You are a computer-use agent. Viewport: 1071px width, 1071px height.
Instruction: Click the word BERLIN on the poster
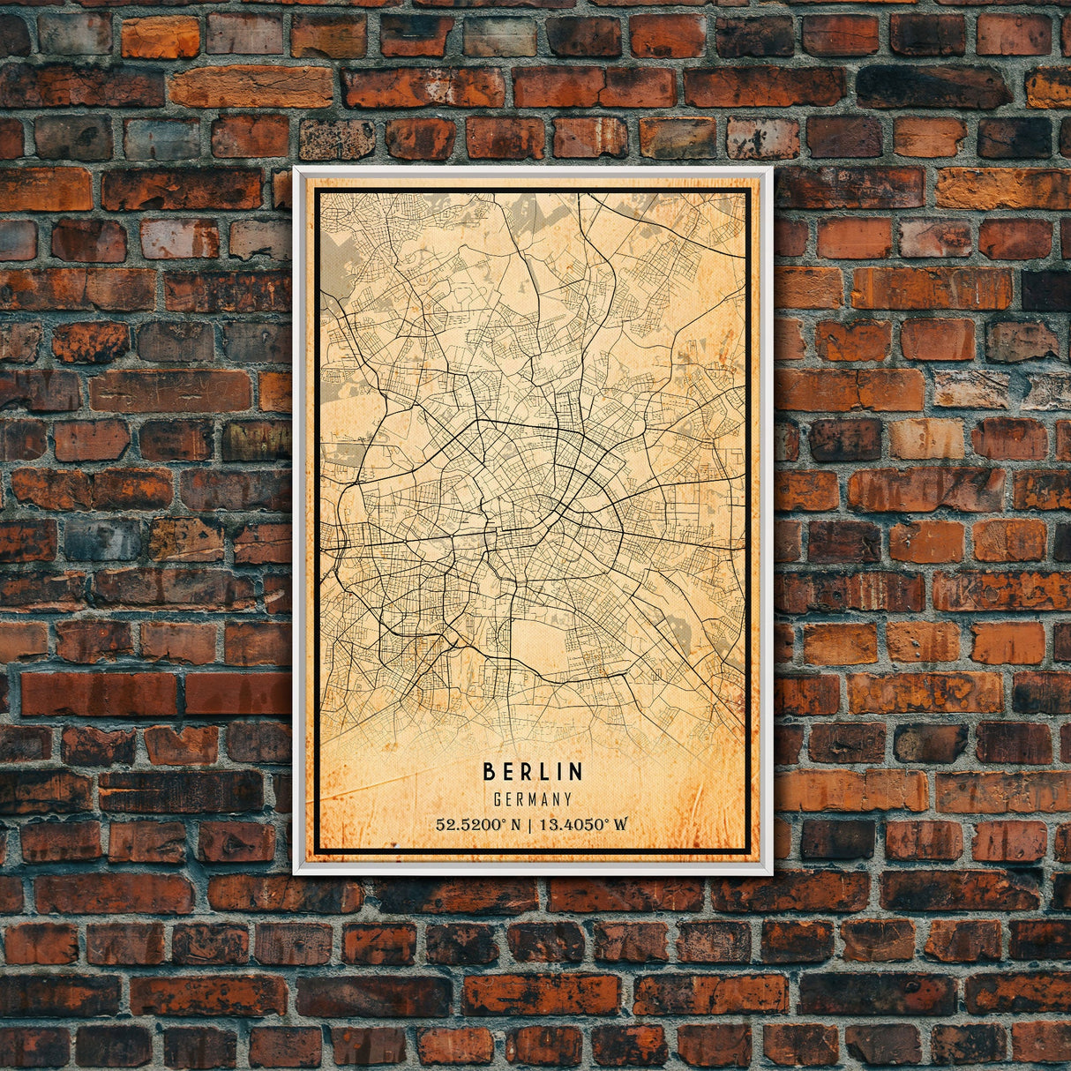point(533,772)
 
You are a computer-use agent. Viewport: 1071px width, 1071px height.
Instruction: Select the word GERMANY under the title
point(533,800)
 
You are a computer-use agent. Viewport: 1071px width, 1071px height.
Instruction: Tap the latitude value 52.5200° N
point(477,825)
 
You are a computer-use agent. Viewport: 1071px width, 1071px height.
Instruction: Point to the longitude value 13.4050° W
point(583,825)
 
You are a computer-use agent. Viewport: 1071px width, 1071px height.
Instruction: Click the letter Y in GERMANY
point(568,800)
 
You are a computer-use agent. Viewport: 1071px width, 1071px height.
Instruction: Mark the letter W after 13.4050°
point(621,825)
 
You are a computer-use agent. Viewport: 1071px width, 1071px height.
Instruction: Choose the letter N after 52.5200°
point(515,825)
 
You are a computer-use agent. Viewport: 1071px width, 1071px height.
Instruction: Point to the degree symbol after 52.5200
point(505,820)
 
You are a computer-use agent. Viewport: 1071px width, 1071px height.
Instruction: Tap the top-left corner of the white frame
point(296,169)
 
